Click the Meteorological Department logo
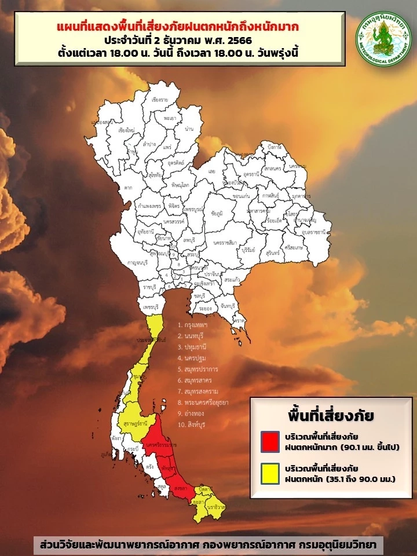point(382,38)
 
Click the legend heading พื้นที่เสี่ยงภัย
point(331,416)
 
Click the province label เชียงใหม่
point(126,130)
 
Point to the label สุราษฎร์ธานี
point(136,424)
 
